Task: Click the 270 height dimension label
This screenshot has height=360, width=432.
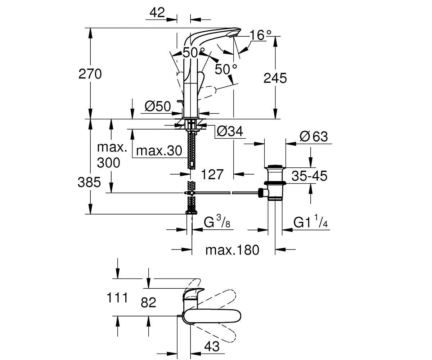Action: point(90,74)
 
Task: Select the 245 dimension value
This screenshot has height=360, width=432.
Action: point(275,78)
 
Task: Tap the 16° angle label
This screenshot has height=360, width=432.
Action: point(260,35)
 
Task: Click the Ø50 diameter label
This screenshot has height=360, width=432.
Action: point(158,106)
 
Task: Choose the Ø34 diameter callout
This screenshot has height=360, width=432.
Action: point(230,131)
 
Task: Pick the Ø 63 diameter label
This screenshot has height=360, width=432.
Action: point(314,136)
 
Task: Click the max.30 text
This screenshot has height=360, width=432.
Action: point(159,150)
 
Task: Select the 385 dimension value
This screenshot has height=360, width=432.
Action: point(89,182)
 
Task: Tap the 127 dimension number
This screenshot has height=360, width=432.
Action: point(212,174)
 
